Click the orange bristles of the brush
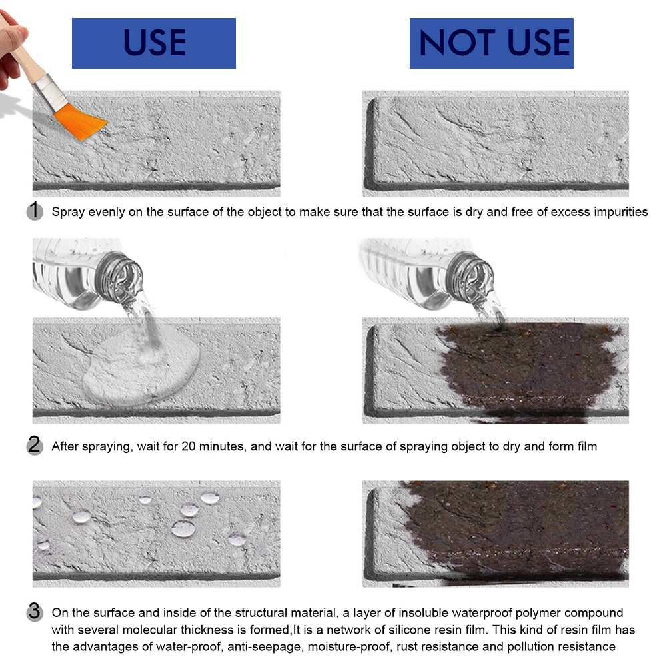81,121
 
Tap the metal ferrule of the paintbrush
50,93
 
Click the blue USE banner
153,43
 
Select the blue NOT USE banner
491,43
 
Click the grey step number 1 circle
35,211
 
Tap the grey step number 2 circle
35,445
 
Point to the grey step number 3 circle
35,612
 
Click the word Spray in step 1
68,213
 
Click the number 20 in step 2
189,446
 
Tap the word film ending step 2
587,446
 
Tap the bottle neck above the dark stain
470,277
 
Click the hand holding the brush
11,47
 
